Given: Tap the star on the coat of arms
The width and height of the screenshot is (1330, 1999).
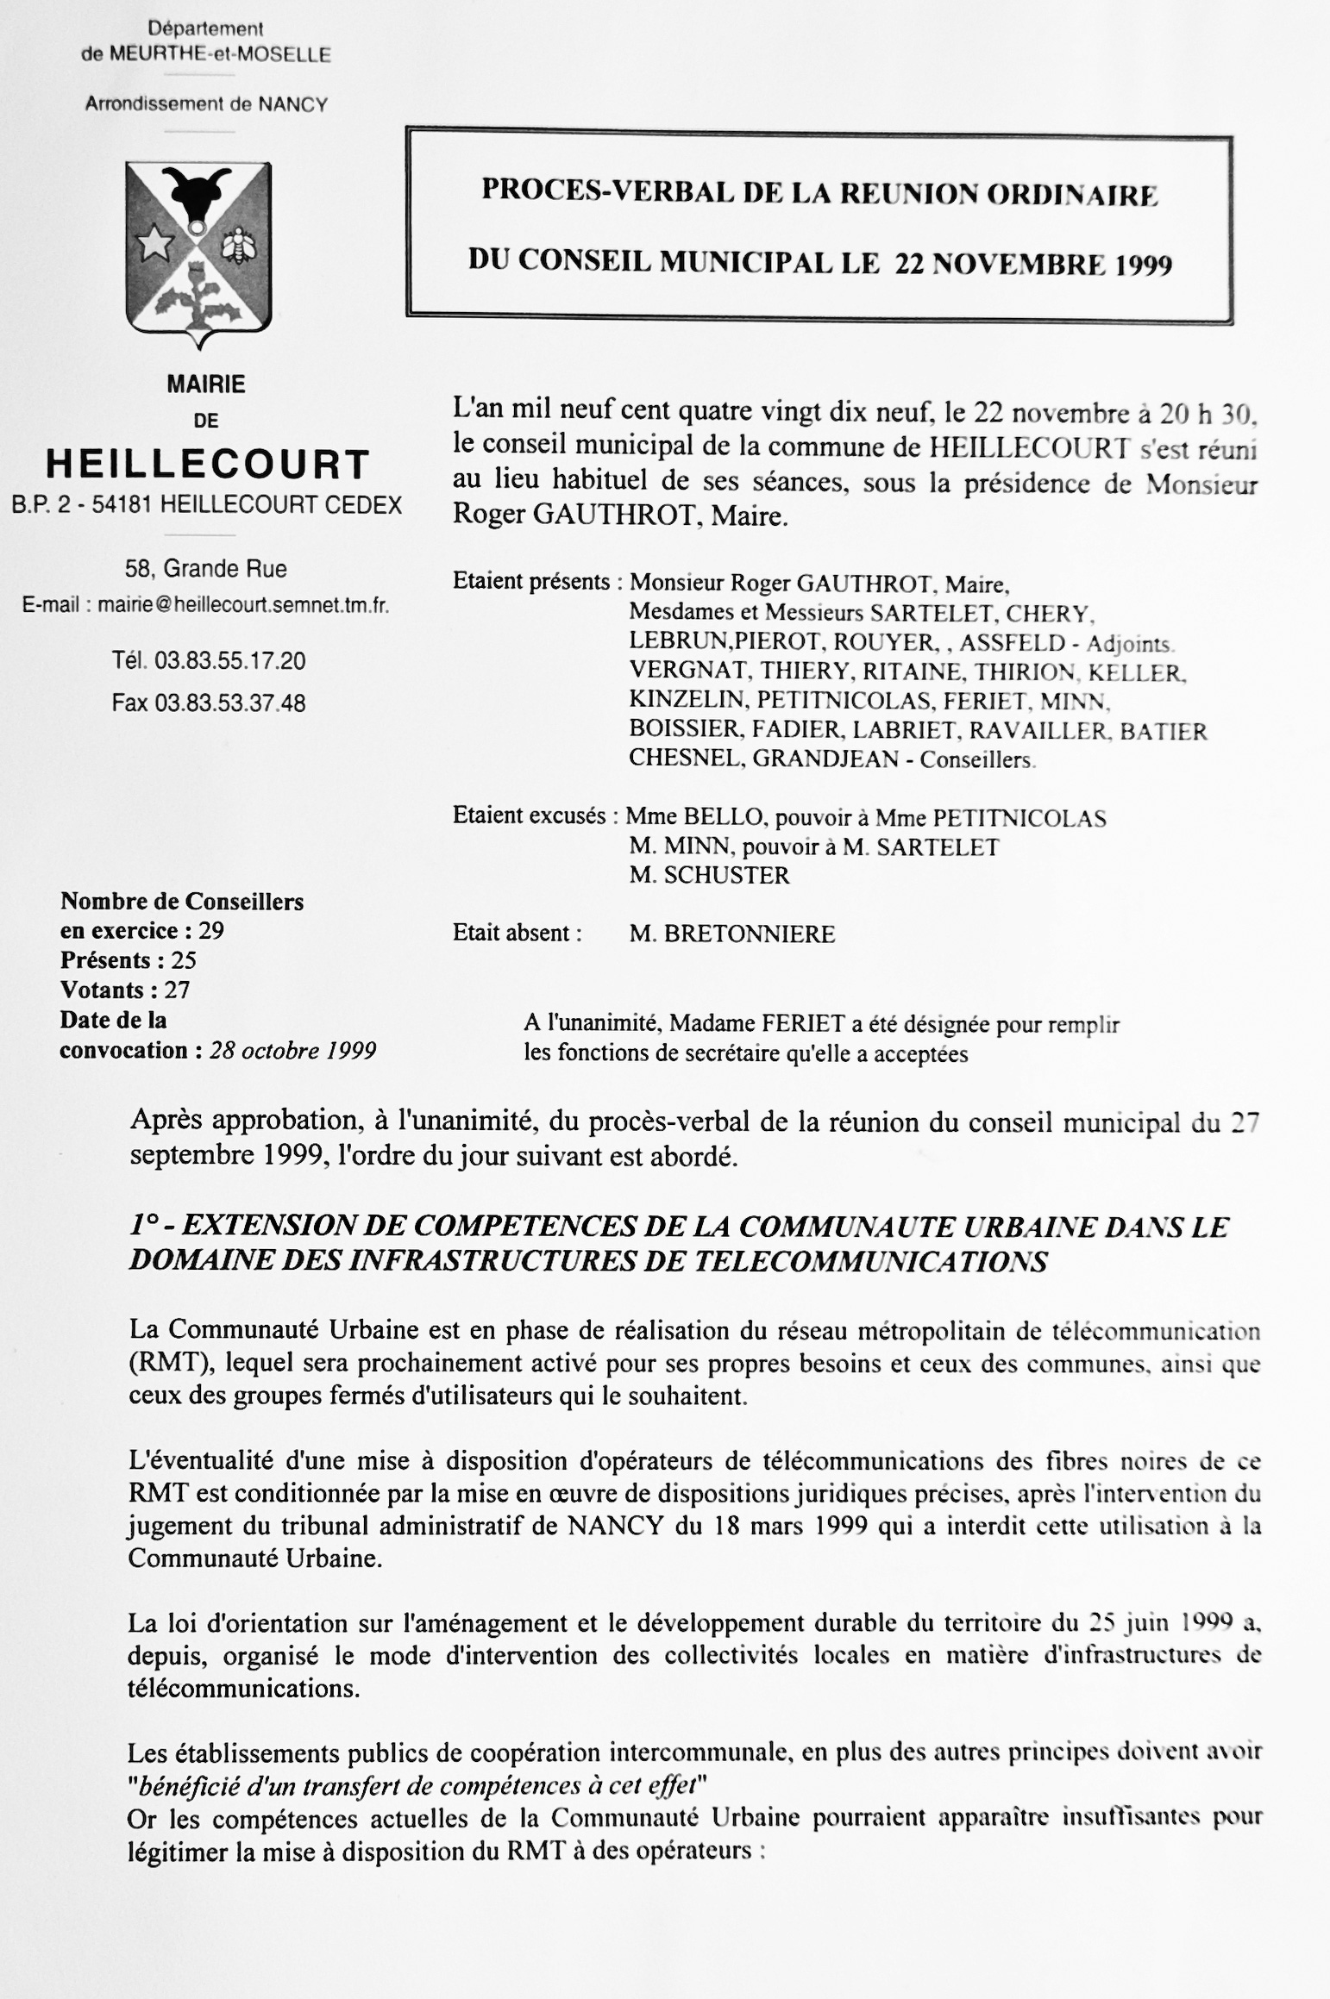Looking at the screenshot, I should pyautogui.click(x=155, y=245).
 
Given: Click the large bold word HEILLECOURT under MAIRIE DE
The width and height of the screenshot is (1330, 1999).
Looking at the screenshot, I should pyautogui.click(x=208, y=464).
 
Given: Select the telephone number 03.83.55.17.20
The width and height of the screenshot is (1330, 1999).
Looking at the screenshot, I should pyautogui.click(x=230, y=661).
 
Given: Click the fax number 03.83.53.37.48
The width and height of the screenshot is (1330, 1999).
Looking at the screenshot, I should pyautogui.click(x=230, y=703).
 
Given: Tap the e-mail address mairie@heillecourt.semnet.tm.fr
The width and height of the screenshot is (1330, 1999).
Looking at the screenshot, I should pyautogui.click(x=243, y=605).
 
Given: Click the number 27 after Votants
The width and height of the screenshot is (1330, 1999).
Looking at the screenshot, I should pyautogui.click(x=176, y=990).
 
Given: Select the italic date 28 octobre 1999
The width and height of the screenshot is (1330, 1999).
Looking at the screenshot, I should pyautogui.click(x=292, y=1051).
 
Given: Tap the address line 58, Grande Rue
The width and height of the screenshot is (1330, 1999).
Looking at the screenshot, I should pyautogui.click(x=206, y=569).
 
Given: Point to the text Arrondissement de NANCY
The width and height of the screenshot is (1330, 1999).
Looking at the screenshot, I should pyautogui.click(x=206, y=104).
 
